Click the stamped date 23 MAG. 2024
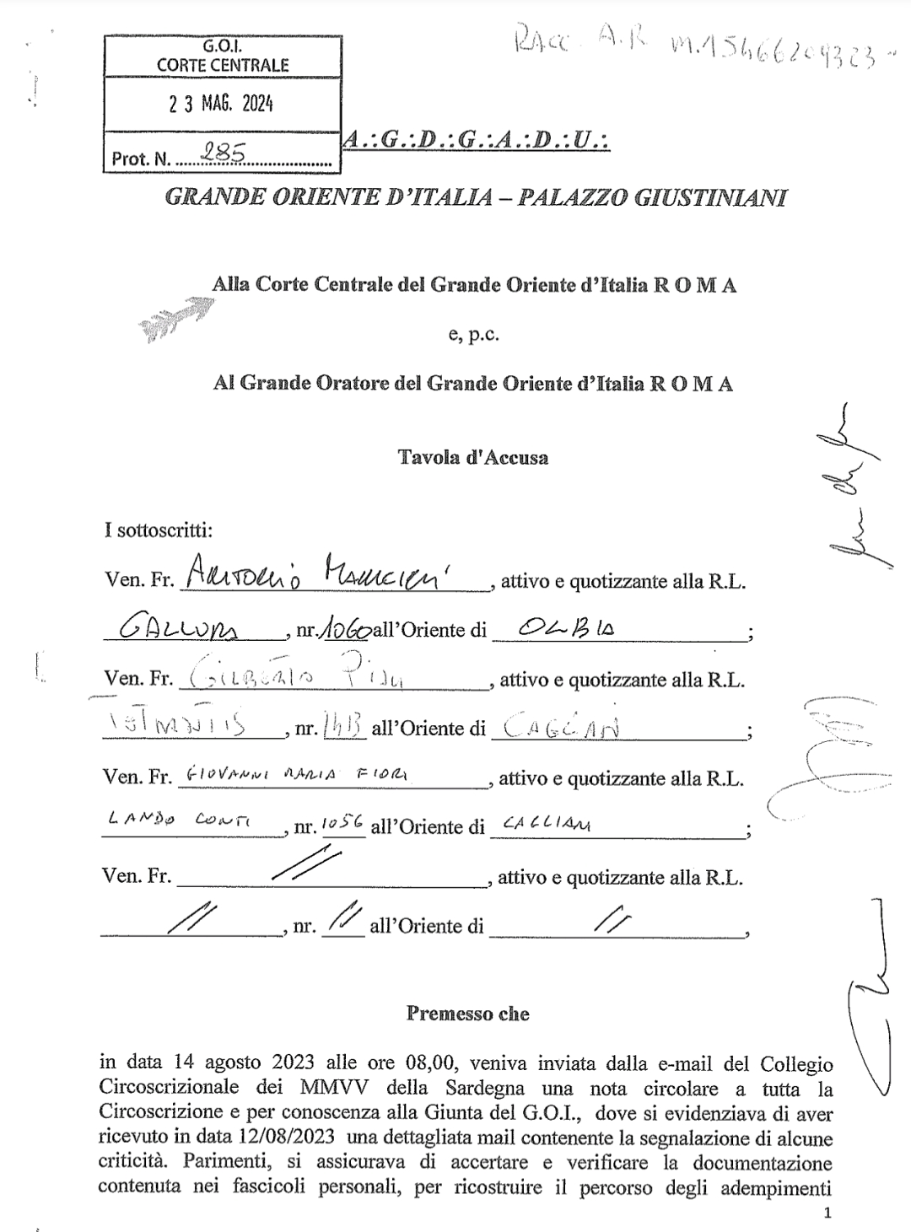click(221, 105)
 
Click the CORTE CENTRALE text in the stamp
click(223, 65)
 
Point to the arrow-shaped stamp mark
click(175, 320)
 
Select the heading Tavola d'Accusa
click(473, 458)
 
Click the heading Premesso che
click(467, 1013)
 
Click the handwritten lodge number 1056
click(341, 825)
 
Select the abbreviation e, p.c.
click(474, 335)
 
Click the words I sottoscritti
click(159, 531)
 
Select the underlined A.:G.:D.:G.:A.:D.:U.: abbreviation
click(477, 141)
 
